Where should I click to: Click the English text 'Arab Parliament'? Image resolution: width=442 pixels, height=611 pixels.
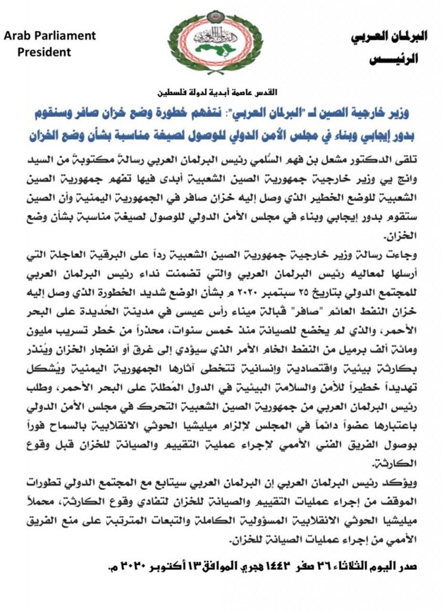tap(50, 36)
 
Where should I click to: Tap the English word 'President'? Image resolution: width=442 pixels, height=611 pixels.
tap(44, 52)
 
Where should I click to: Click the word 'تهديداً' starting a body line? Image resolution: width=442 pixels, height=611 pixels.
tap(394, 387)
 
